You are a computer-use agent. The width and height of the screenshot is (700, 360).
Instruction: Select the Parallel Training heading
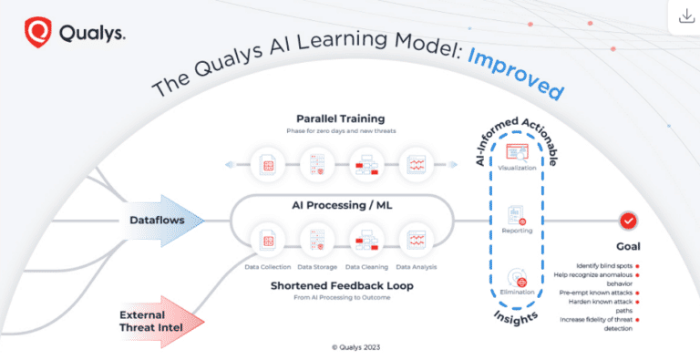coord(341,119)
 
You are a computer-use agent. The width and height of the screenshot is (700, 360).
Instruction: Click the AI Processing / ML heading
coord(342,205)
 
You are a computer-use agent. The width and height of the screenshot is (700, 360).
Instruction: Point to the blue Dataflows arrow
coord(163,220)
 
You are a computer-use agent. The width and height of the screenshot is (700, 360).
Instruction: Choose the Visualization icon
coord(517,153)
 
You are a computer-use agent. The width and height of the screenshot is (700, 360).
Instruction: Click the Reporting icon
coord(517,215)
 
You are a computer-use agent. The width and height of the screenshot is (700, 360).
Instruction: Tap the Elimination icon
coord(517,277)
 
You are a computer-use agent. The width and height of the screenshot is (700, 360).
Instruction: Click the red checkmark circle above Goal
coord(628,221)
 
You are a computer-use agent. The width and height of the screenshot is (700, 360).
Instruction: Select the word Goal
coord(628,246)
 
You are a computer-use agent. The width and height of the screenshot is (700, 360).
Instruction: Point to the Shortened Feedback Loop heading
coord(341,285)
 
